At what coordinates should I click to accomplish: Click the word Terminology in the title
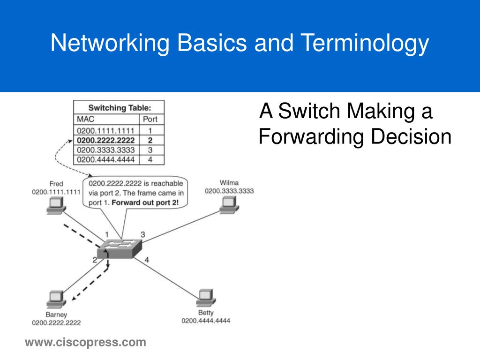click(x=364, y=44)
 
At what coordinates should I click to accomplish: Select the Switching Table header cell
click(x=119, y=108)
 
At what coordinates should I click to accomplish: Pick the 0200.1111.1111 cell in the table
click(x=107, y=130)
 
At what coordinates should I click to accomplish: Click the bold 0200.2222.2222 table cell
click(x=107, y=140)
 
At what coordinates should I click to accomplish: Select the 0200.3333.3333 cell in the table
click(x=107, y=150)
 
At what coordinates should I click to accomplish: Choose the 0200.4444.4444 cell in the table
click(x=107, y=160)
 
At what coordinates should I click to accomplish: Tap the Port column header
click(x=150, y=119)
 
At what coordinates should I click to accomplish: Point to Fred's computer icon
click(x=56, y=205)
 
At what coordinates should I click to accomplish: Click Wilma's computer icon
click(x=229, y=203)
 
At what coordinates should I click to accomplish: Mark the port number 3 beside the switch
click(x=143, y=234)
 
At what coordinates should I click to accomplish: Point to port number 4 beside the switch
click(x=147, y=259)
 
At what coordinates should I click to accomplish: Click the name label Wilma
click(x=229, y=183)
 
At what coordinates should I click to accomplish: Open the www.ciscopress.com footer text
click(x=85, y=343)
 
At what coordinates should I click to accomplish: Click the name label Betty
click(x=206, y=313)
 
